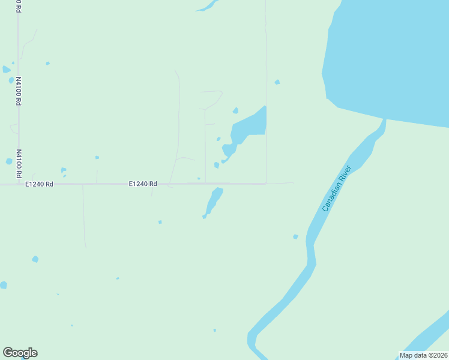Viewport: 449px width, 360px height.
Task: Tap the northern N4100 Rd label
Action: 19,91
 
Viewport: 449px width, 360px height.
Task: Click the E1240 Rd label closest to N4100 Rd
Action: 40,184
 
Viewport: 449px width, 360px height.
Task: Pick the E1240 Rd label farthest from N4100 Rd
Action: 142,184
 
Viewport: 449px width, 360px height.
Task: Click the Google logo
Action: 20,353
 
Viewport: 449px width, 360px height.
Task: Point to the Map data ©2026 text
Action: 423,355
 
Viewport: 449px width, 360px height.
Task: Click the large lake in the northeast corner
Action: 390,54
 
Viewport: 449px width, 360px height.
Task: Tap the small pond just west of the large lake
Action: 277,82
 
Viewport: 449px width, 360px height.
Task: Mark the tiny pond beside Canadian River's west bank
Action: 295,237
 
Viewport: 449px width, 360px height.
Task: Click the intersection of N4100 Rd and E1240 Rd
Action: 19,184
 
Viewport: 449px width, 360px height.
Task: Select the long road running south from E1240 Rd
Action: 83,216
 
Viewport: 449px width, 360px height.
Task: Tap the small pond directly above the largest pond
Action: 235,110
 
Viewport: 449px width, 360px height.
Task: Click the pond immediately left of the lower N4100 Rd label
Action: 9,161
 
